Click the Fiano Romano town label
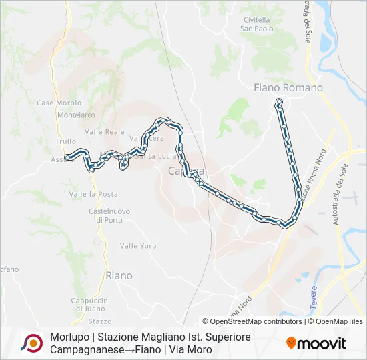(288, 87)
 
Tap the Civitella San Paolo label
(256, 24)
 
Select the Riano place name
(119, 275)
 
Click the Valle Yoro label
(138, 246)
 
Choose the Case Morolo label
(59, 103)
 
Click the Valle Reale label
(105, 132)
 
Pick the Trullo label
(66, 141)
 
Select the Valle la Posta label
(93, 194)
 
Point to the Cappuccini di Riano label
(91, 304)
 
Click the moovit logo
(316, 343)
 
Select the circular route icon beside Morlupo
(31, 343)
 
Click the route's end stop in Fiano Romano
(279, 101)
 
